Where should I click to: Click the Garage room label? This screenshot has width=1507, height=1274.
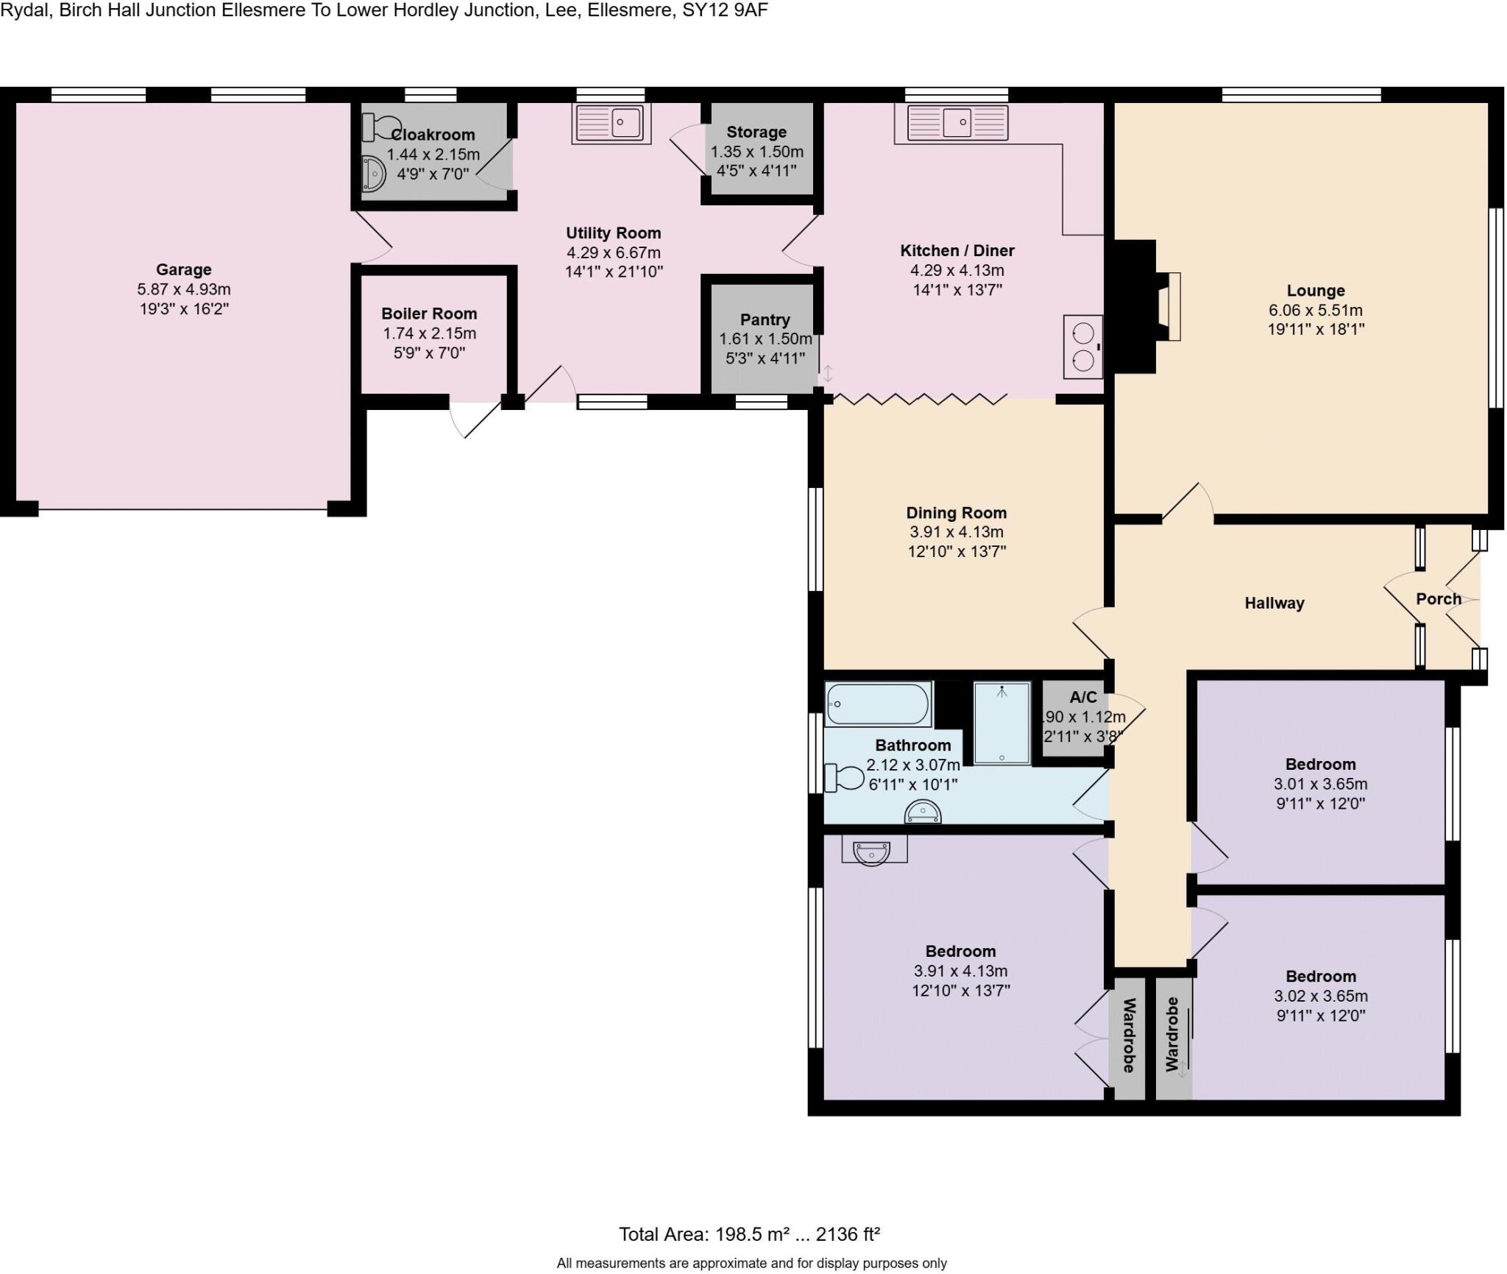click(x=183, y=269)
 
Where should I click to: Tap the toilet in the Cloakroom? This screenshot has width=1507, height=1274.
click(x=378, y=127)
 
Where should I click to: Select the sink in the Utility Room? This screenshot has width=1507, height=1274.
click(x=611, y=122)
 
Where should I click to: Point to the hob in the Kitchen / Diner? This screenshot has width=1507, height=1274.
click(x=1083, y=347)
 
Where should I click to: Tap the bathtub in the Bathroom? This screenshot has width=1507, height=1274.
click(x=878, y=704)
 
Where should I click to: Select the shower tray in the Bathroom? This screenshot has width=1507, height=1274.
click(x=1001, y=723)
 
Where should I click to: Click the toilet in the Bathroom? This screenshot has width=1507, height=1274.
click(x=843, y=778)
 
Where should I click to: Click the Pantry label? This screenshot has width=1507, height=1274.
click(x=765, y=319)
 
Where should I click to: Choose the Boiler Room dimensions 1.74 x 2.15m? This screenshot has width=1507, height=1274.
click(x=429, y=333)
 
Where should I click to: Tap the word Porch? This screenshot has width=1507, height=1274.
click(x=1438, y=598)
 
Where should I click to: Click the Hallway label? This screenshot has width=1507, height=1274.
click(x=1274, y=603)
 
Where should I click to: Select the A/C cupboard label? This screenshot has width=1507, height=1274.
click(x=1083, y=697)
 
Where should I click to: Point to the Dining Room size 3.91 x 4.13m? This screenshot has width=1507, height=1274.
click(x=956, y=532)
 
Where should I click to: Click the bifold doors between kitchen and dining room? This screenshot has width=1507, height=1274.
click(x=920, y=399)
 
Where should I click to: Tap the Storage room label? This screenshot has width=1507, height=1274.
click(x=756, y=132)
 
